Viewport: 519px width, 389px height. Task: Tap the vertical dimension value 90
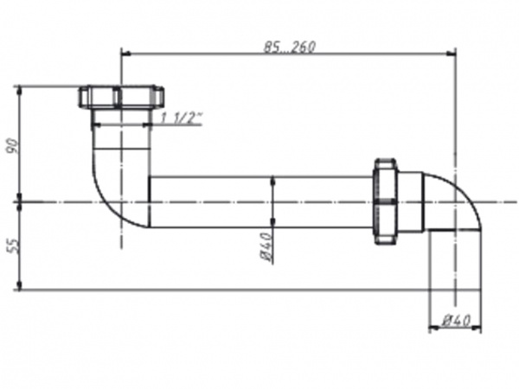click(x=11, y=144)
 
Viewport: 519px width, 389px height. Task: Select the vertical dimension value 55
click(x=11, y=246)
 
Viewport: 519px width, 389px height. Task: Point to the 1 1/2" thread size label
click(x=182, y=118)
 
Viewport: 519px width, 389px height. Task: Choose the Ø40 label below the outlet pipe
click(x=455, y=321)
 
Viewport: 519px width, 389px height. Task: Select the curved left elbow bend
click(x=110, y=194)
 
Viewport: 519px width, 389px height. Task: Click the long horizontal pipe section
click(x=259, y=202)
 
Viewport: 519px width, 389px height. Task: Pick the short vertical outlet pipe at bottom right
click(x=455, y=264)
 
